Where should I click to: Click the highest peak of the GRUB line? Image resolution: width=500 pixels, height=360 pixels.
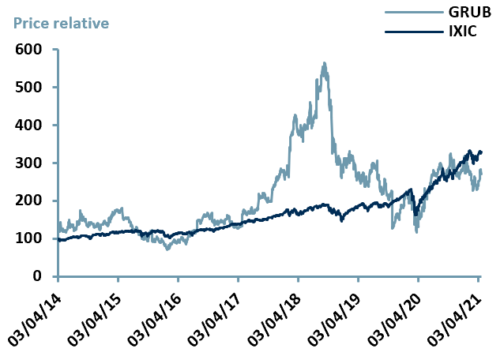click(324, 63)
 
